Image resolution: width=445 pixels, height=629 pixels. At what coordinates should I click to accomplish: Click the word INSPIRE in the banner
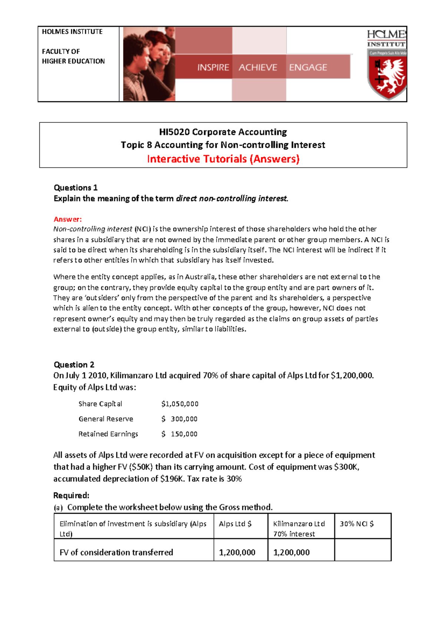pyautogui.click(x=213, y=67)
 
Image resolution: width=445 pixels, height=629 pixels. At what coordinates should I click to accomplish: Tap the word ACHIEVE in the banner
pyautogui.click(x=258, y=67)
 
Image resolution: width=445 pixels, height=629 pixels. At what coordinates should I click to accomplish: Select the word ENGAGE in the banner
pyautogui.click(x=308, y=67)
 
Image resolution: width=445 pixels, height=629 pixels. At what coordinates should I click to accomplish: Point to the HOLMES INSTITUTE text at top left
pyautogui.click(x=72, y=32)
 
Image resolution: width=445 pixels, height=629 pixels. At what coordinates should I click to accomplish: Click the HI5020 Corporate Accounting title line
pyautogui.click(x=223, y=132)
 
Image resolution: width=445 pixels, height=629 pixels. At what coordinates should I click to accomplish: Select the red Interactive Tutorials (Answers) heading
pyautogui.click(x=223, y=159)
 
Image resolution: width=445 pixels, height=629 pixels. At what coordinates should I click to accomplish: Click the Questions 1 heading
pyautogui.click(x=76, y=188)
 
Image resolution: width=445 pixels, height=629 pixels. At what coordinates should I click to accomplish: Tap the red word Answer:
pyautogui.click(x=67, y=219)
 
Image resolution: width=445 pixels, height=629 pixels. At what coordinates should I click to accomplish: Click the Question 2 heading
pyautogui.click(x=74, y=365)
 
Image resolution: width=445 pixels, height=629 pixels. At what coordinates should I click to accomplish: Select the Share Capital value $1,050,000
pyautogui.click(x=180, y=404)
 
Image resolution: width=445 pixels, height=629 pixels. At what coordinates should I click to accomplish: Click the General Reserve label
pyautogui.click(x=106, y=419)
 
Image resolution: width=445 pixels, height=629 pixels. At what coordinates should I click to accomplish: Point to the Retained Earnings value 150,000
pyautogui.click(x=184, y=434)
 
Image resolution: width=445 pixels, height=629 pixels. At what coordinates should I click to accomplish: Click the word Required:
pyautogui.click(x=71, y=495)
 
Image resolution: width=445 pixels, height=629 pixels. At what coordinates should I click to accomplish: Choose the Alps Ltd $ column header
pyautogui.click(x=235, y=524)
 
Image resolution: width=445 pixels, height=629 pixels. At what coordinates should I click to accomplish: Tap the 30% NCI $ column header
pyautogui.click(x=357, y=524)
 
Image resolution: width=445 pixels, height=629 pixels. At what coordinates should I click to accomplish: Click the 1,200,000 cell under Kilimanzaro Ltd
pyautogui.click(x=291, y=553)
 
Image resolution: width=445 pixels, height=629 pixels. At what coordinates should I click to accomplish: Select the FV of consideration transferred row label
pyautogui.click(x=116, y=553)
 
